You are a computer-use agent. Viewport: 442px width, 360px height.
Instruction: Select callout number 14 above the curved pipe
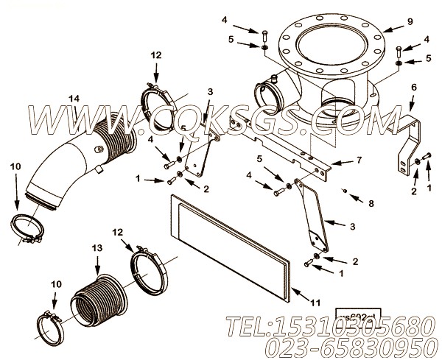point(74,98)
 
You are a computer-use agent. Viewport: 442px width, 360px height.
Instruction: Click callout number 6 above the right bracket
point(413,87)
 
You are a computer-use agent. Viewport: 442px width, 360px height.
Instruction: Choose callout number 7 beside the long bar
point(359,161)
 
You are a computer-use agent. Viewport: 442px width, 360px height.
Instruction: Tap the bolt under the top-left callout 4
point(264,36)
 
